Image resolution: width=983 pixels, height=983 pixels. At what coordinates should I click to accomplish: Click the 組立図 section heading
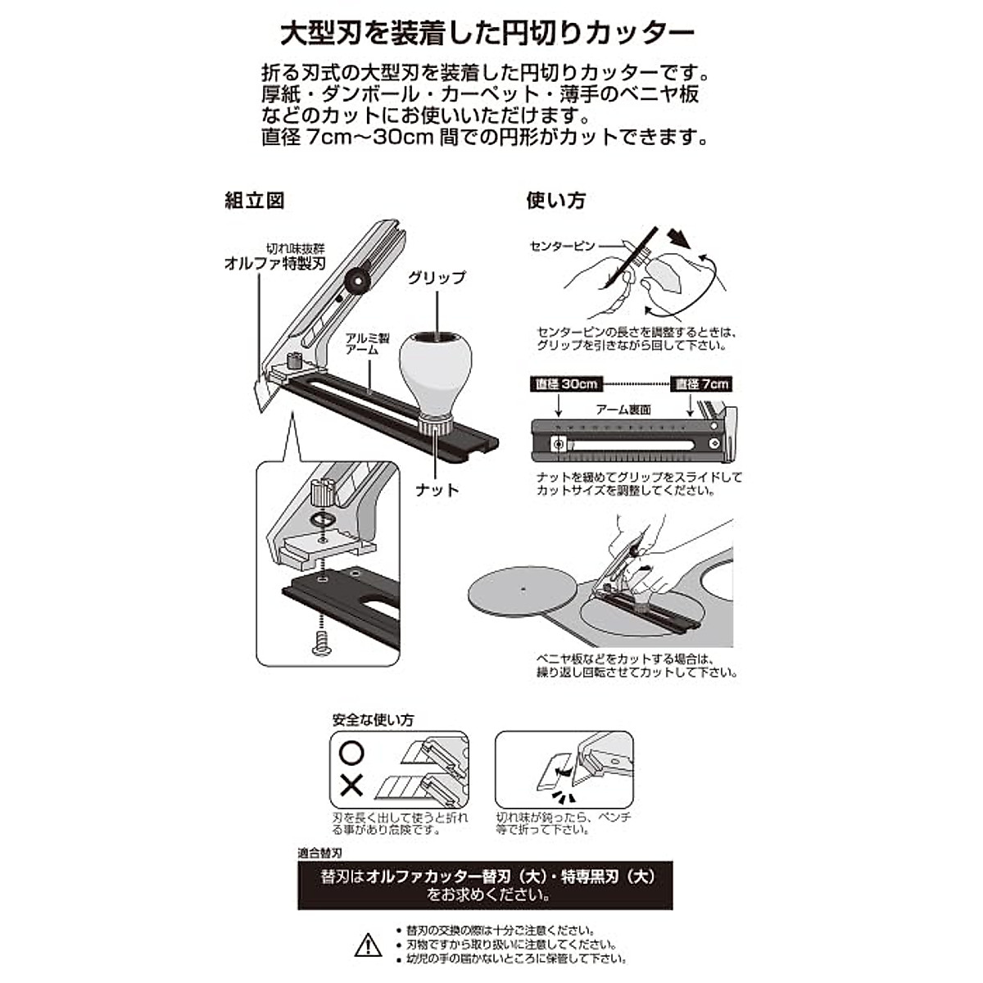255,201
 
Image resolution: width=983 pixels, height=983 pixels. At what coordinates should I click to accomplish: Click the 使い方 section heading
556,201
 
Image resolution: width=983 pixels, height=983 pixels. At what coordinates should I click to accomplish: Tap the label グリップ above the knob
437,278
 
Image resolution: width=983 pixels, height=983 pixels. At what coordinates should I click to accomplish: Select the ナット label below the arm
437,489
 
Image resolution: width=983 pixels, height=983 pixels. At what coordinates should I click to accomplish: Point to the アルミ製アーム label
362,343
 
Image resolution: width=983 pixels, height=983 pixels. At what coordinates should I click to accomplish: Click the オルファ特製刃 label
276,263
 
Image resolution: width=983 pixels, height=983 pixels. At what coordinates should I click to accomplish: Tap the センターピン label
562,246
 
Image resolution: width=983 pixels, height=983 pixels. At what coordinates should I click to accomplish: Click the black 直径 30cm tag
567,384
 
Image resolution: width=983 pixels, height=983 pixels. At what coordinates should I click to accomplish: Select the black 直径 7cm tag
700,384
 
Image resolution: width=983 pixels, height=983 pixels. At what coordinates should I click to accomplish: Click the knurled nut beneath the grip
435,426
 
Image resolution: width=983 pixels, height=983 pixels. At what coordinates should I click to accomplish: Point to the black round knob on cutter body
357,280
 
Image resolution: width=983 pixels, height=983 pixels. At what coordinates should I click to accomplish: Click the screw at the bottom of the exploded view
320,644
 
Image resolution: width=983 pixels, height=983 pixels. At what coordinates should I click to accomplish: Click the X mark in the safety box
351,787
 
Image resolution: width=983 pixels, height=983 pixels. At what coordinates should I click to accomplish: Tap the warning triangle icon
369,944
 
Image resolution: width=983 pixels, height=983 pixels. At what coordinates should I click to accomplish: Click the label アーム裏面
623,409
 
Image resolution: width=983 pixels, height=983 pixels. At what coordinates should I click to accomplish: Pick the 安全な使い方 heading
373,720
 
